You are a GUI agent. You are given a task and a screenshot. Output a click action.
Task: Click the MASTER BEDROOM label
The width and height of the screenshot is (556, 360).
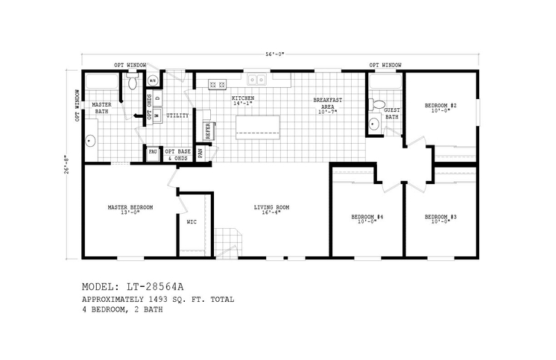tap(130, 207)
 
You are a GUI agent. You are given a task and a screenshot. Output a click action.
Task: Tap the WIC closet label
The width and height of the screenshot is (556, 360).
tap(191, 222)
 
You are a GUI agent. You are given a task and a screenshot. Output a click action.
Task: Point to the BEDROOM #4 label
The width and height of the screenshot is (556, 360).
tap(367, 218)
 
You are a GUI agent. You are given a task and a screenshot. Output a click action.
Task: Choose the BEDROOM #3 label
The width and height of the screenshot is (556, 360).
tap(440, 218)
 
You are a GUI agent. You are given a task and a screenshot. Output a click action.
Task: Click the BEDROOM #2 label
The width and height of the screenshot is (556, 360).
tap(440, 106)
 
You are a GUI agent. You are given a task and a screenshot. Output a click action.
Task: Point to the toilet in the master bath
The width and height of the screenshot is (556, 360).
tap(133, 83)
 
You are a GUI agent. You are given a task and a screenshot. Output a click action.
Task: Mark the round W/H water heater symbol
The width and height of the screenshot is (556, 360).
tap(153, 80)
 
